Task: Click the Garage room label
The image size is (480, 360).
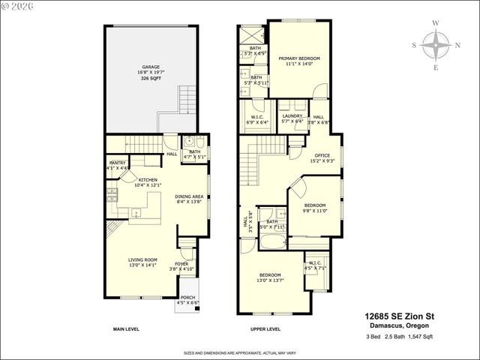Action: (151, 67)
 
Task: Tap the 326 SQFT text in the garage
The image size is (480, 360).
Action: (151, 78)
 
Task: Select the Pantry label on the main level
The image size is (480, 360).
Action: (117, 163)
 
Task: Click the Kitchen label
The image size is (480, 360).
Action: (147, 180)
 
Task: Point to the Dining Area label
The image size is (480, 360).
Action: (190, 196)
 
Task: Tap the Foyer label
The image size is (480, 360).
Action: (182, 263)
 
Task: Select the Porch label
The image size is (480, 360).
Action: (187, 298)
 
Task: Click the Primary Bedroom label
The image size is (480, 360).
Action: (299, 58)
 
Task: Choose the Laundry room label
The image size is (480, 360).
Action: (292, 116)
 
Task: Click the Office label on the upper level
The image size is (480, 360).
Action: (322, 156)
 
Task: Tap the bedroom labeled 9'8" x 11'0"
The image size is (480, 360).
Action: (315, 205)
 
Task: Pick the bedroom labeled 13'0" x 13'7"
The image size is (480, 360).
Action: (270, 275)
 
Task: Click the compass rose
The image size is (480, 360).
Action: (436, 44)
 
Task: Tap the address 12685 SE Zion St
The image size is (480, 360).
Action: (399, 316)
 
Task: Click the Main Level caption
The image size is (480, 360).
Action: (128, 329)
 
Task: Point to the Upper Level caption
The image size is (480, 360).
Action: (265, 329)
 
